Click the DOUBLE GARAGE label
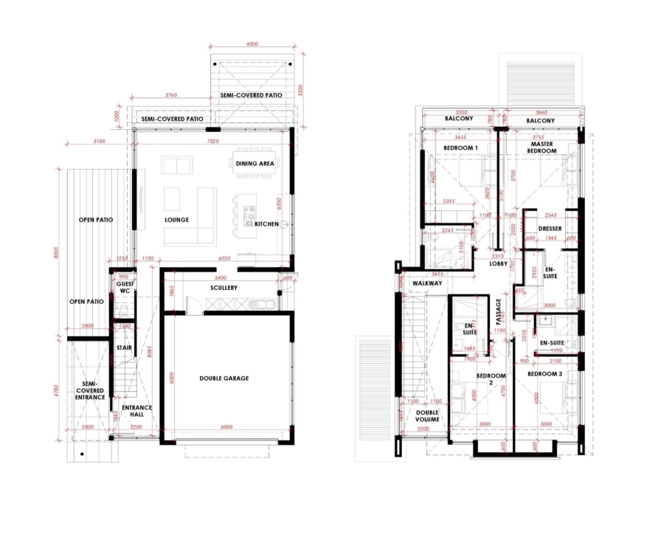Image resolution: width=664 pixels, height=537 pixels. click(224, 378)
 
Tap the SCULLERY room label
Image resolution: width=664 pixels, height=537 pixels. click(223, 288)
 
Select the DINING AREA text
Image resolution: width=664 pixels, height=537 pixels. click(255, 163)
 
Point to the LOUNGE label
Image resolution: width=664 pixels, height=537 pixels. click(177, 220)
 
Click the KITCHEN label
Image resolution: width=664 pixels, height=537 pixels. click(267, 224)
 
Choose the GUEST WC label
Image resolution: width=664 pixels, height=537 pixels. click(125, 288)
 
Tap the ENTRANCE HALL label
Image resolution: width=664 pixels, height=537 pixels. click(136, 411)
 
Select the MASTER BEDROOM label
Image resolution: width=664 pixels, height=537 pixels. click(542, 147)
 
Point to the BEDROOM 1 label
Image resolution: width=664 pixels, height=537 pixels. click(460, 148)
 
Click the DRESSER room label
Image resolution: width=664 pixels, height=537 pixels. click(550, 229)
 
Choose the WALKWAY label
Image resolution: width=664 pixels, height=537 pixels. click(427, 283)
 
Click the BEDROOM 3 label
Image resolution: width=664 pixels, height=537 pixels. click(544, 375)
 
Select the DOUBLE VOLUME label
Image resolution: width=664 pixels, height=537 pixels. click(427, 415)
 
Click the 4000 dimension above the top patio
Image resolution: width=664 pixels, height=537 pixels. click(252, 44)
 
